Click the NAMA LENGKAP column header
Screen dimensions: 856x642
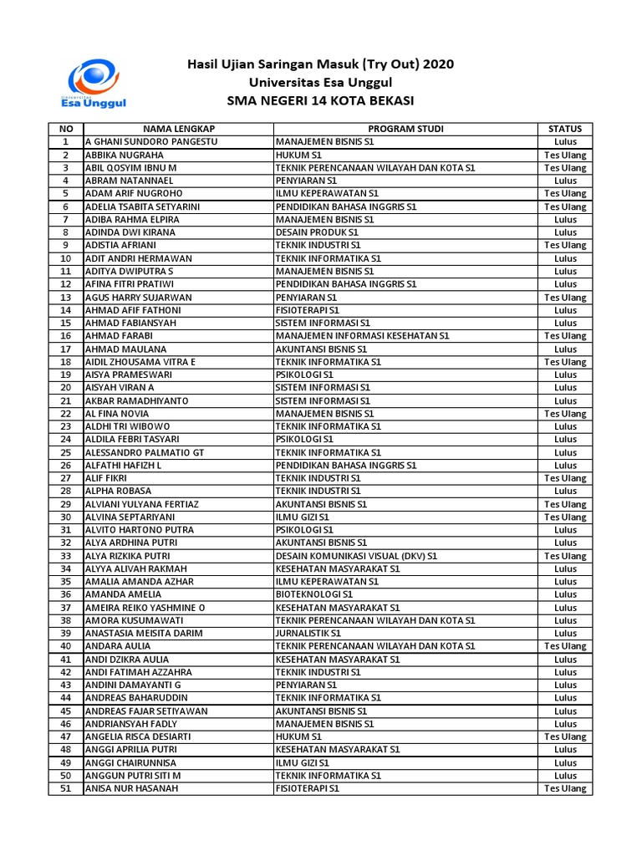tap(179, 129)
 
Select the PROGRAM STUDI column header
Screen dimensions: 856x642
tap(405, 129)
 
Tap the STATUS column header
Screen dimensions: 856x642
tap(565, 129)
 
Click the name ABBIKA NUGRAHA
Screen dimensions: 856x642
tap(125, 155)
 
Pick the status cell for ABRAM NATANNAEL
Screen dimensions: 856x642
tap(565, 181)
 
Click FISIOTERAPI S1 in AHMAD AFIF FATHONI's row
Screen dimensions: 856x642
tap(308, 310)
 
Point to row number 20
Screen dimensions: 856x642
tap(66, 388)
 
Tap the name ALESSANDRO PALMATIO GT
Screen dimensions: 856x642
tap(145, 452)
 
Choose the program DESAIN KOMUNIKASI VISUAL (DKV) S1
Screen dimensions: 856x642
tap(356, 556)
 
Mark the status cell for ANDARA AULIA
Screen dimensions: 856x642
tap(565, 646)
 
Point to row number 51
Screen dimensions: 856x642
tap(66, 788)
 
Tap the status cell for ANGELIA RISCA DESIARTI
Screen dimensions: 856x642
tap(565, 736)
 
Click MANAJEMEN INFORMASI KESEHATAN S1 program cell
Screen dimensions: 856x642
tap(362, 336)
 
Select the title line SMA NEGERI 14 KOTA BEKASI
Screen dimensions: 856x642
tap(320, 101)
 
